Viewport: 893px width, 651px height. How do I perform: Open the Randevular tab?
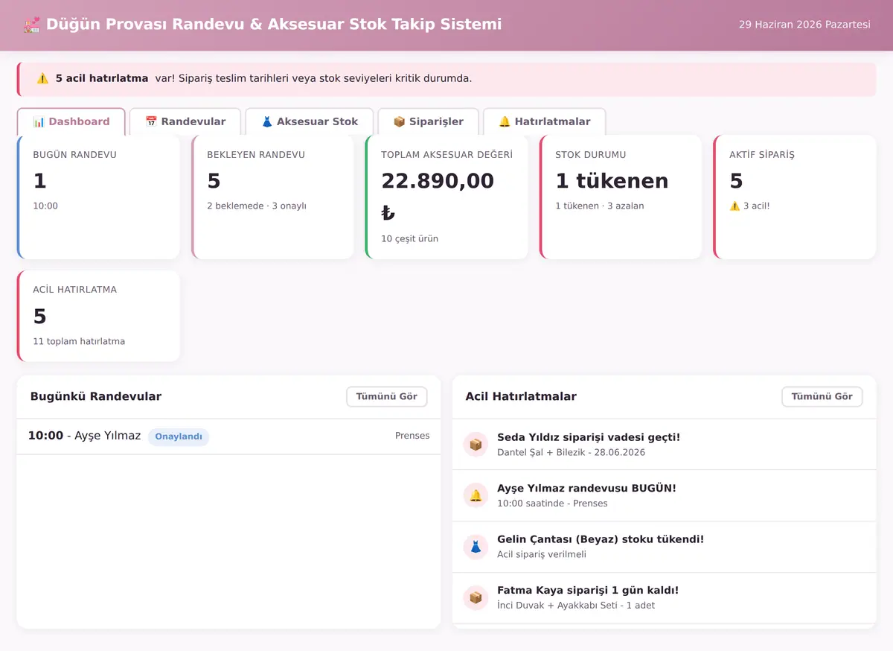point(185,121)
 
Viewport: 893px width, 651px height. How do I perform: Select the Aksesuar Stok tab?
point(310,121)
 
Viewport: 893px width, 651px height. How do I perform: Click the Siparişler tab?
point(428,121)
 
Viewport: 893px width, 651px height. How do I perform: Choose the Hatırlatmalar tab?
point(545,121)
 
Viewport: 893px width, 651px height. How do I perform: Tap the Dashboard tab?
point(71,121)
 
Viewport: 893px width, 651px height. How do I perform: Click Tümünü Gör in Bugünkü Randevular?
point(387,396)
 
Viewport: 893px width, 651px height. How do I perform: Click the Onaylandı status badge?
point(179,436)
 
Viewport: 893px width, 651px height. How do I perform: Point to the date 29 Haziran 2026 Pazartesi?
point(804,25)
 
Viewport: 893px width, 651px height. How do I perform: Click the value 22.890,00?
point(438,181)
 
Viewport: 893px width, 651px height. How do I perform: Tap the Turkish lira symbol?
point(388,213)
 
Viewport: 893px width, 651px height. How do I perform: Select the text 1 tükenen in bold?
point(612,181)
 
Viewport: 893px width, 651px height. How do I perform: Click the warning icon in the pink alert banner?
point(42,78)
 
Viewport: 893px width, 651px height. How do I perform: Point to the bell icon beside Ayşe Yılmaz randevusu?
point(476,495)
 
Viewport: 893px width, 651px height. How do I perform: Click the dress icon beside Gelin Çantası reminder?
point(476,547)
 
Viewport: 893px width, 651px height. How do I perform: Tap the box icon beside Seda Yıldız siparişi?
point(476,444)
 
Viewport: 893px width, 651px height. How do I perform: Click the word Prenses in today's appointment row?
point(412,436)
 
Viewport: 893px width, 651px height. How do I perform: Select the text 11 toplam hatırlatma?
point(79,341)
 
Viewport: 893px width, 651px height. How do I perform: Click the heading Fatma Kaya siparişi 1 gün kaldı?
point(588,590)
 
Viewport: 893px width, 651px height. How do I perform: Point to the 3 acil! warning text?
point(756,206)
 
